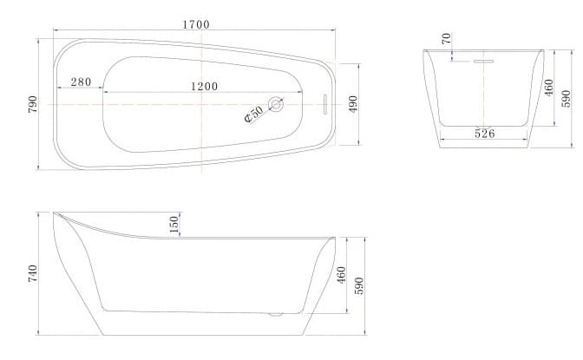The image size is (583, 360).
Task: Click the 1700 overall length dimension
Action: pos(195,24)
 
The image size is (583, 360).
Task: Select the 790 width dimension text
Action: pos(33,103)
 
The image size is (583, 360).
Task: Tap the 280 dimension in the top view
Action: pos(81,82)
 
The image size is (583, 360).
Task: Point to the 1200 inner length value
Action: pos(204,86)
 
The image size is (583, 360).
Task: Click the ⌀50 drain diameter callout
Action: pos(253,115)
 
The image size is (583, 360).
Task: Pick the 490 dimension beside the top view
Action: pos(353,104)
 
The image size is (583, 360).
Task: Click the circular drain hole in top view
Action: pos(277,104)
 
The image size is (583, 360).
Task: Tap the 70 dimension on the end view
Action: pos(446,39)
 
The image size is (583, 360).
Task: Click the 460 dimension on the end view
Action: pos(548,88)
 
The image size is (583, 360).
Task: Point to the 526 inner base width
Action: pos(483,133)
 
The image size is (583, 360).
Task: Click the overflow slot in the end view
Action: pos(482,62)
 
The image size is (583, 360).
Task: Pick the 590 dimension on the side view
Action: pos(360,285)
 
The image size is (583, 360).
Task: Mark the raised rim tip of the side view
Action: pos(56,213)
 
